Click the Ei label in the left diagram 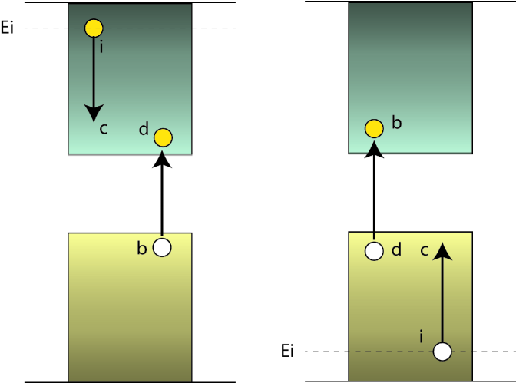point(8,30)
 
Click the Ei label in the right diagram point(287,352)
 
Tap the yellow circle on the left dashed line point(94,28)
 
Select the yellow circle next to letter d point(163,137)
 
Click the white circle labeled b point(162,247)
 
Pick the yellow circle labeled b point(374,128)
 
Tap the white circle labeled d point(374,251)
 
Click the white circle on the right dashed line point(442,352)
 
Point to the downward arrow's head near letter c point(94,113)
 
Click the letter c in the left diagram point(104,129)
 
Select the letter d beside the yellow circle point(144,130)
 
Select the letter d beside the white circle point(396,249)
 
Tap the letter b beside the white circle point(141,249)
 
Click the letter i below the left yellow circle point(101,48)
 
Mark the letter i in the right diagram point(421,336)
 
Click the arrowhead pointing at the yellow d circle point(162,159)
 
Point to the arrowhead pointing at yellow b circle point(374,149)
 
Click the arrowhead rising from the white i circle point(442,250)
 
